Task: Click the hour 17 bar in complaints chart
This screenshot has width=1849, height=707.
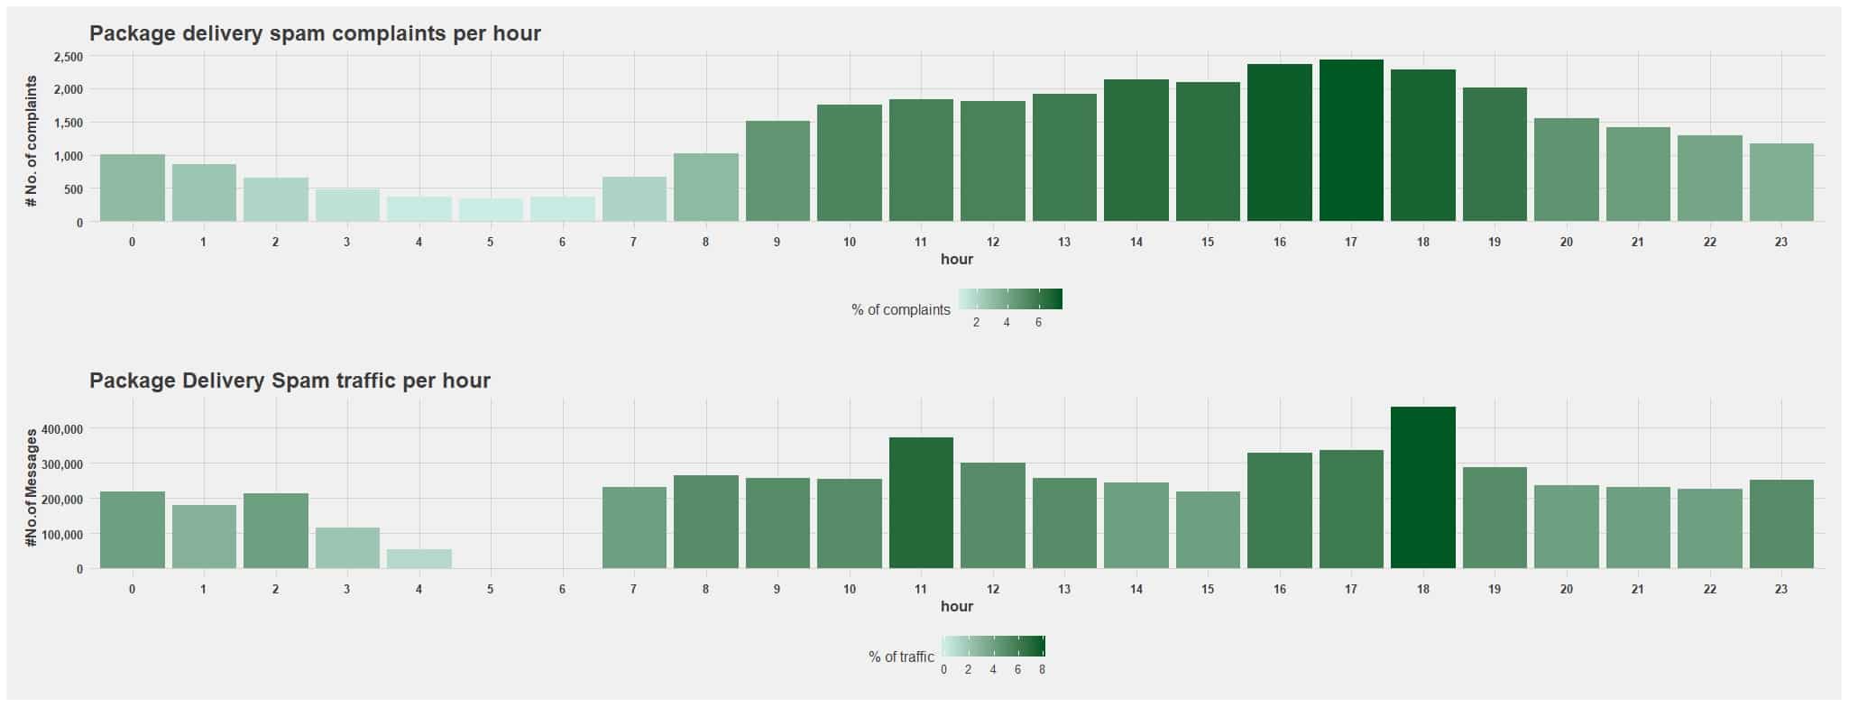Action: (1351, 141)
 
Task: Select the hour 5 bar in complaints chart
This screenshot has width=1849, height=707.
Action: (491, 210)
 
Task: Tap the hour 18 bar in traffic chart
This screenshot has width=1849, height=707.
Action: (1422, 488)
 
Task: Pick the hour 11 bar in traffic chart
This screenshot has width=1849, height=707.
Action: (921, 503)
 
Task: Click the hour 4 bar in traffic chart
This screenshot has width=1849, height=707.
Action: (419, 559)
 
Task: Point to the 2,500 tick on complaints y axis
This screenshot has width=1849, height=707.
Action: (69, 57)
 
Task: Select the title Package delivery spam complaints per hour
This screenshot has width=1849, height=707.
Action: (315, 33)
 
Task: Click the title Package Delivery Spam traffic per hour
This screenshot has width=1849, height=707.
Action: (290, 381)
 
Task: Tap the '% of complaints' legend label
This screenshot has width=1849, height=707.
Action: (900, 309)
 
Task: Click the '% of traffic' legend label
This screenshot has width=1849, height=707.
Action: (901, 656)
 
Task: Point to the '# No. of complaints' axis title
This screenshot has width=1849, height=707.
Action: (32, 141)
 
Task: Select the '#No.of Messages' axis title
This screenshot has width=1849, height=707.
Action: (32, 488)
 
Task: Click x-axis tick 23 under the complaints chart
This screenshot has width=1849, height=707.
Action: (1780, 242)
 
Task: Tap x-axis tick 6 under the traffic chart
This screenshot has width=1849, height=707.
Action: (562, 589)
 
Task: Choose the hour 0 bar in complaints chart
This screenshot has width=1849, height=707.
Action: (132, 188)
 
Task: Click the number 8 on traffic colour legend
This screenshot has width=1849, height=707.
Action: (1042, 670)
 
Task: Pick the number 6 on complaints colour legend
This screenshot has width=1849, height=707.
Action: (1038, 323)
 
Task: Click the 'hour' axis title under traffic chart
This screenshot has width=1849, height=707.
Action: (956, 606)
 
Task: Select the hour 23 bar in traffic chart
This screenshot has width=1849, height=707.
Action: (1780, 524)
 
